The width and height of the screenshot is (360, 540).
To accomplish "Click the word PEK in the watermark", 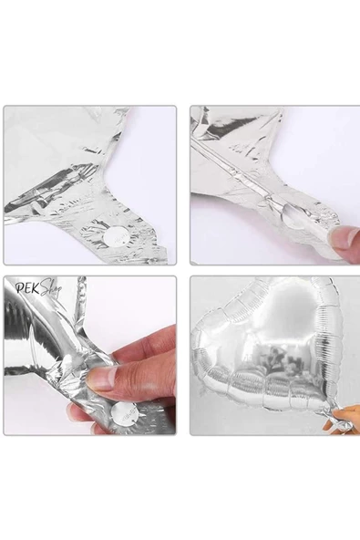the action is click(27, 288).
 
